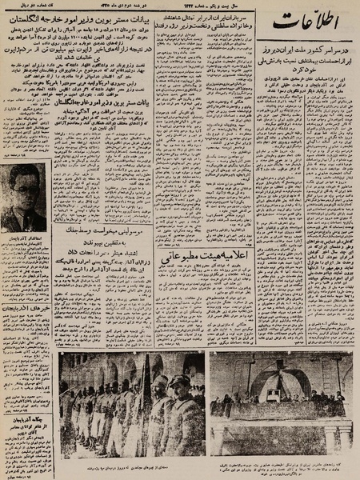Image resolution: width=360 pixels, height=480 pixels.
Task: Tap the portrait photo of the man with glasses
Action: tap(23, 210)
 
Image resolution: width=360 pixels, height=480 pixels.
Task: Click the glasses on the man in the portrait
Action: tap(23, 199)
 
